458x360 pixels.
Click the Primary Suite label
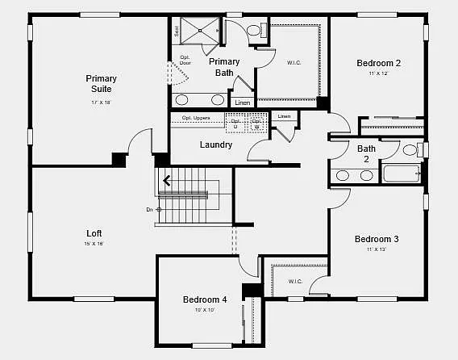tap(102, 84)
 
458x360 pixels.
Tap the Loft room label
tap(94, 233)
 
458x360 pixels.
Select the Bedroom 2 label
tap(378, 63)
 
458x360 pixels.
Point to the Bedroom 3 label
tap(377, 239)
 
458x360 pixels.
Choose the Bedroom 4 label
tap(205, 299)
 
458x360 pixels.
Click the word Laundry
tap(215, 145)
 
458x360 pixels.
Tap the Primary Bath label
tap(223, 67)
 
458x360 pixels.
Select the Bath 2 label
tap(366, 153)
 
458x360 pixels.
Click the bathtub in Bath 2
tap(401, 174)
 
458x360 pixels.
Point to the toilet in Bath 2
tap(410, 150)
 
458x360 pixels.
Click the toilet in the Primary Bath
tap(254, 31)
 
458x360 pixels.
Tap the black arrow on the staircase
tap(167, 181)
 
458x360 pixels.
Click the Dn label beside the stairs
tap(149, 210)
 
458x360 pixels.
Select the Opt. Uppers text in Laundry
tap(197, 118)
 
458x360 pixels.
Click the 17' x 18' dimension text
tap(102, 103)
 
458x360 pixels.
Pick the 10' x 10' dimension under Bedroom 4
tap(205, 311)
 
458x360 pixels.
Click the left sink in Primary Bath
tap(183, 100)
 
